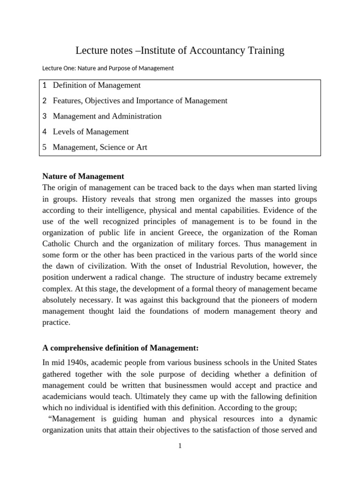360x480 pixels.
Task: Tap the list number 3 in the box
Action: (45, 116)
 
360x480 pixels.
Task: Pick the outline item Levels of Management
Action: (90, 132)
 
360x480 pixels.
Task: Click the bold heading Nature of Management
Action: (83, 176)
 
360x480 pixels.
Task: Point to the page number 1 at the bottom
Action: (180, 446)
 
